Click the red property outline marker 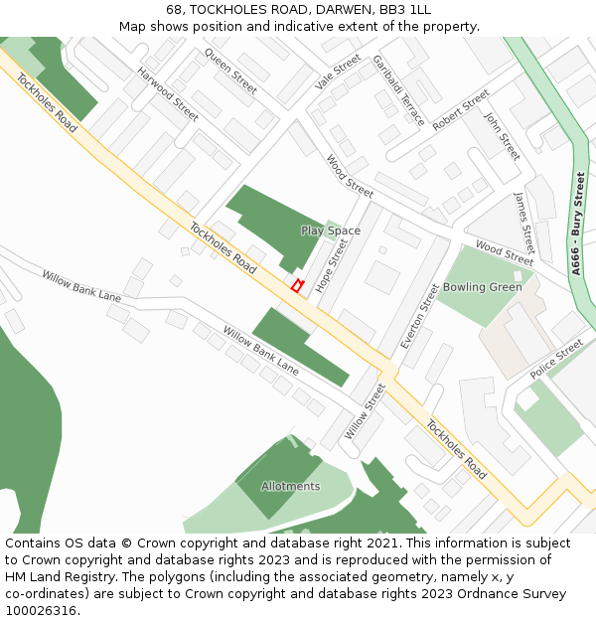[x=296, y=286]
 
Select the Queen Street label [x=230, y=71]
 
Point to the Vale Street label [x=338, y=73]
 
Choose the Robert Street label [x=461, y=110]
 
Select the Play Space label [x=331, y=231]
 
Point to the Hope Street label [x=332, y=265]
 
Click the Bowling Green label [x=482, y=287]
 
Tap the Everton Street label [x=418, y=316]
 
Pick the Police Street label [x=556, y=360]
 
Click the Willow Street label [x=365, y=411]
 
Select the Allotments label [x=290, y=486]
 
